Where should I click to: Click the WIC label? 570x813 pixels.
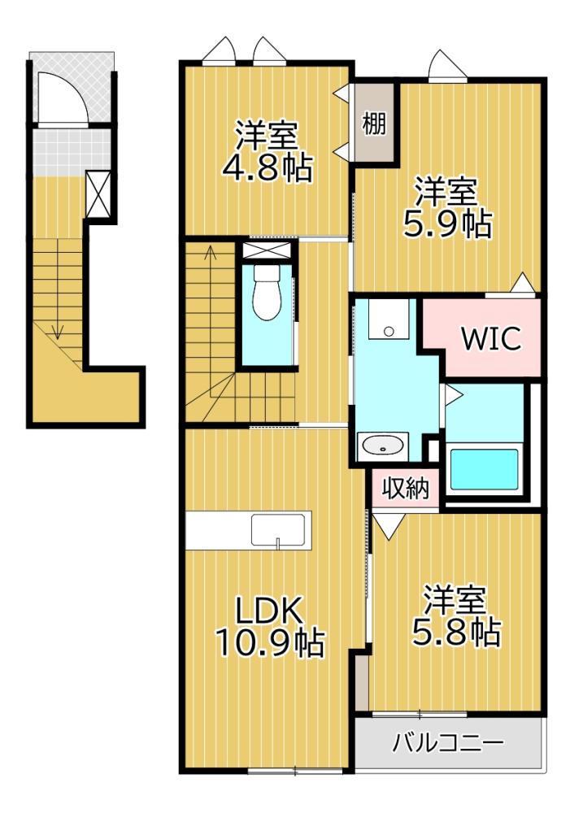[491, 339]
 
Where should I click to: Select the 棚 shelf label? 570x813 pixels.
[373, 125]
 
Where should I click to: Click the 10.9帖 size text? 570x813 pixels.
[269, 644]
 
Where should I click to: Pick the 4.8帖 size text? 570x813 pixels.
[267, 167]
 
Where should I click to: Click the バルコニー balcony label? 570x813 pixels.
[449, 742]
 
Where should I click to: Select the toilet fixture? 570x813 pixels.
[266, 294]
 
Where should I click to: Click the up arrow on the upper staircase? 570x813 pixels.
[210, 254]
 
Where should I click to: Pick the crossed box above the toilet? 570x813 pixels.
[266, 250]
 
